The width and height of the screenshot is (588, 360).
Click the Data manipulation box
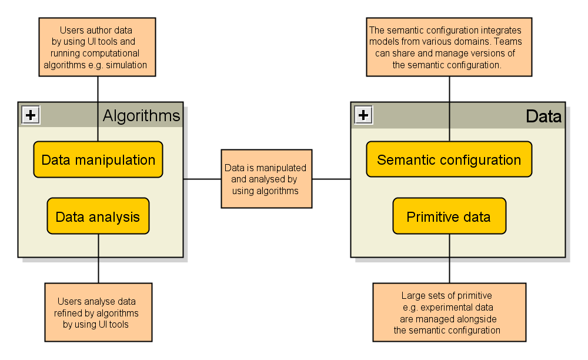98,159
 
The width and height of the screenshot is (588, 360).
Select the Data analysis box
98,216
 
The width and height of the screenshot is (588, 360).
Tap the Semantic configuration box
449,159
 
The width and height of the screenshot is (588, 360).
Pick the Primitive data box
449,216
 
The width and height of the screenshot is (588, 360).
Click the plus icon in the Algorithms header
31,115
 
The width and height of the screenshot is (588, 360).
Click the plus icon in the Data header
363,115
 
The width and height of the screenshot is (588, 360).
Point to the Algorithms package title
141,116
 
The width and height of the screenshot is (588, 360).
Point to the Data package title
543,116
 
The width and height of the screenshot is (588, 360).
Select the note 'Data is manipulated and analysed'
266,179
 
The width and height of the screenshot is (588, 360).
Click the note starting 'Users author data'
97,47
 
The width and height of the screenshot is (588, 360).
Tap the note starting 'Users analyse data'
98,312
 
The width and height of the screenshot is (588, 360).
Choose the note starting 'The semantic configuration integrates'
449,47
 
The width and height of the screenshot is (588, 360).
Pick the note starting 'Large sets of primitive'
449,312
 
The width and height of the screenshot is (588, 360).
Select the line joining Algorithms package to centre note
202,179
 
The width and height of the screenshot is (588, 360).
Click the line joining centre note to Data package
331,179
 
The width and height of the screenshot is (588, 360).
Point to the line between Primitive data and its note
450,258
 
